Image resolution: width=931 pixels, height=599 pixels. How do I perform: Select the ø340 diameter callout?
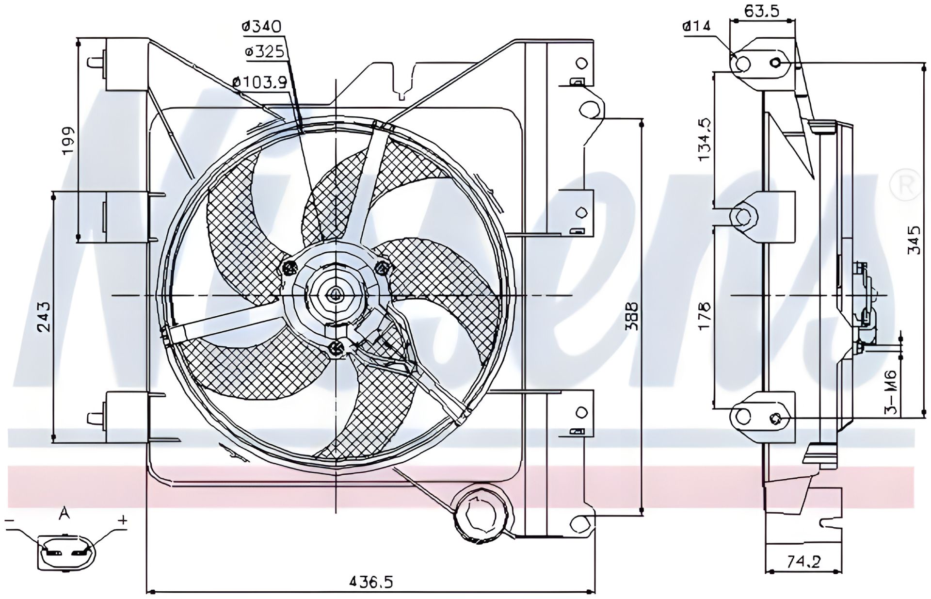tap(262, 27)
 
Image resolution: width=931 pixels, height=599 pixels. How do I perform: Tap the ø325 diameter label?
tap(264, 52)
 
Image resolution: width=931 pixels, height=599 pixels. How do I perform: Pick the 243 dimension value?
tap(44, 317)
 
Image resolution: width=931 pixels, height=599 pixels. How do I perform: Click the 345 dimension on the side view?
tap(913, 240)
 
